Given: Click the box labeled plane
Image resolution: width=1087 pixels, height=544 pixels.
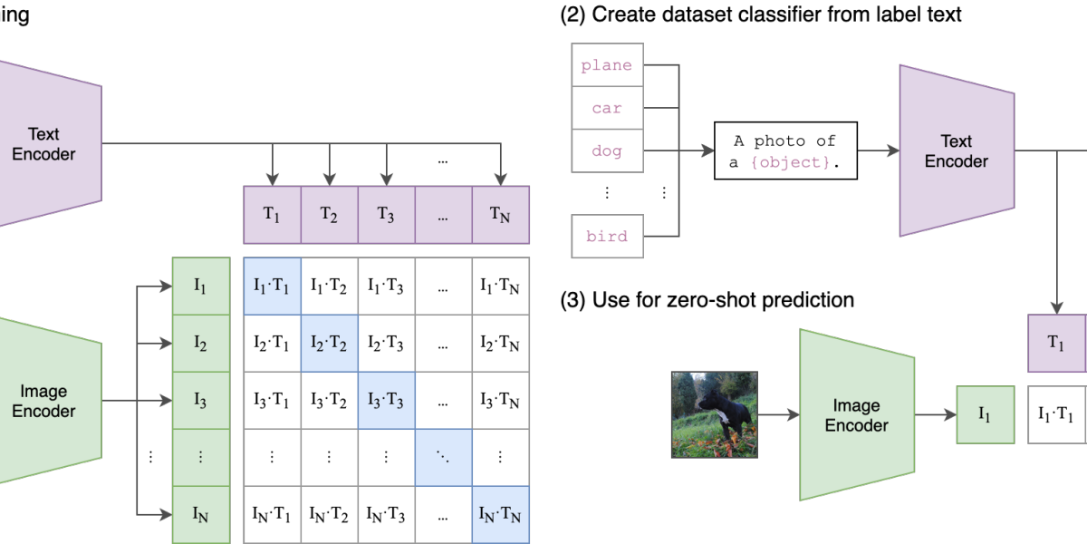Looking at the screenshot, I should [607, 65].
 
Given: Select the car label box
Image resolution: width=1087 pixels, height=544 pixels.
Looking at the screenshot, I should [607, 108].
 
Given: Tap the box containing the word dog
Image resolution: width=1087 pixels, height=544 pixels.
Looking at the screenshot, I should [607, 151].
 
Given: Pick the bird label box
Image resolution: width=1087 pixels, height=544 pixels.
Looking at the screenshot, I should [607, 237].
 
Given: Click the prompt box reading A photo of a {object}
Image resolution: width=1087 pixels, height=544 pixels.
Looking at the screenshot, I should [785, 151].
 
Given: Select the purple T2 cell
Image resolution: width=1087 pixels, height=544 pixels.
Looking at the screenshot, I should [329, 215].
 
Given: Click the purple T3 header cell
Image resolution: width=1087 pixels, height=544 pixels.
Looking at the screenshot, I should [386, 215].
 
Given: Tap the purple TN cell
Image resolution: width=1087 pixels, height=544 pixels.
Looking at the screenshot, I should [500, 215].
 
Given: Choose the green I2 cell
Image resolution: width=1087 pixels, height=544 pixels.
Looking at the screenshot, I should [200, 344].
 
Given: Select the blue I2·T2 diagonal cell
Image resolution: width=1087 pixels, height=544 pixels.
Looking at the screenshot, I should [329, 344].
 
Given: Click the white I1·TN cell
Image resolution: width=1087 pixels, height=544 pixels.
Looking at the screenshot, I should [500, 287].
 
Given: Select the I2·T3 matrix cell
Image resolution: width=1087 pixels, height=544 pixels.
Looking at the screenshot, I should [386, 344].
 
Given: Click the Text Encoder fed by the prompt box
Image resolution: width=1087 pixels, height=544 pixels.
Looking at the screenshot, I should [956, 151].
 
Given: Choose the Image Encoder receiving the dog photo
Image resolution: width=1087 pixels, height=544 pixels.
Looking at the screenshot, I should [856, 415].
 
